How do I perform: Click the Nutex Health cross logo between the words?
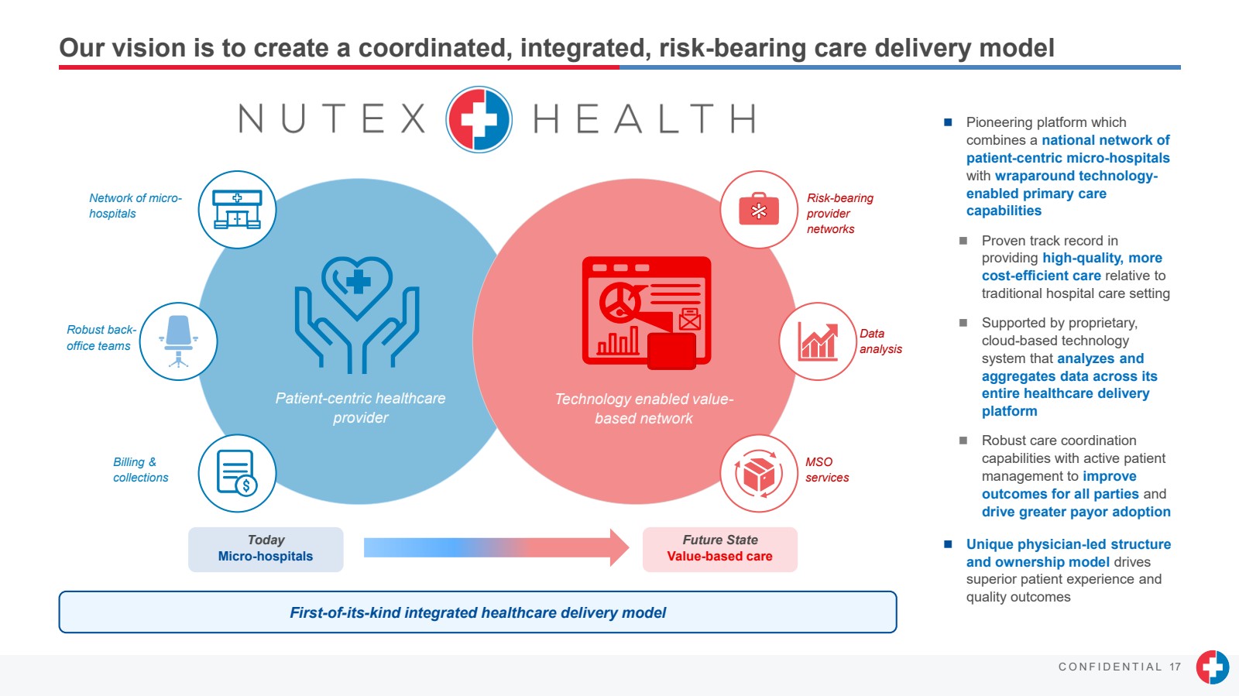(479, 119)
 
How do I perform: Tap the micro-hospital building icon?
(237, 210)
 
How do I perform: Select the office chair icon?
(178, 341)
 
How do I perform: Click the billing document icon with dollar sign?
(237, 473)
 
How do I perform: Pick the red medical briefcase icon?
(759, 210)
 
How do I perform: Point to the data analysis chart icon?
(817, 341)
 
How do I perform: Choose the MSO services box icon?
(759, 473)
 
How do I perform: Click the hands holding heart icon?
(357, 314)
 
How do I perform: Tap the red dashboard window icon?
(647, 312)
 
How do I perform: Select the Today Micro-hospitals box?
(266, 549)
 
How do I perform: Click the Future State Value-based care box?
(719, 549)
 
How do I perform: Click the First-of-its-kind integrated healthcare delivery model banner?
(478, 612)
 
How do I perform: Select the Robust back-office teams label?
(101, 338)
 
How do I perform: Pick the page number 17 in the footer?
(1176, 667)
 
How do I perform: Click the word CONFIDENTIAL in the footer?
(1110, 667)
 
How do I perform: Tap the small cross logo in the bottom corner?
(1212, 667)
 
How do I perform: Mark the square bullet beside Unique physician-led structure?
(948, 544)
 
